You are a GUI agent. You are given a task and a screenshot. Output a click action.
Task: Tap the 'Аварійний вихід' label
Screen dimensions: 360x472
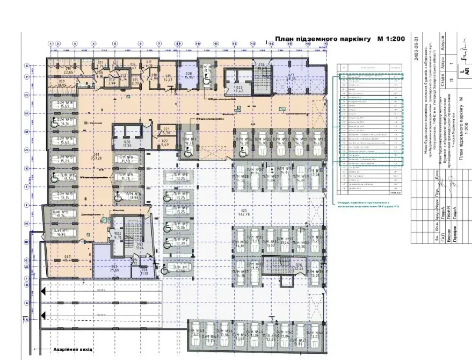pos(74,350)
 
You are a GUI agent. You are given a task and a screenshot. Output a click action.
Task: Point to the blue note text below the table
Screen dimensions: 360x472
pos(368,204)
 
